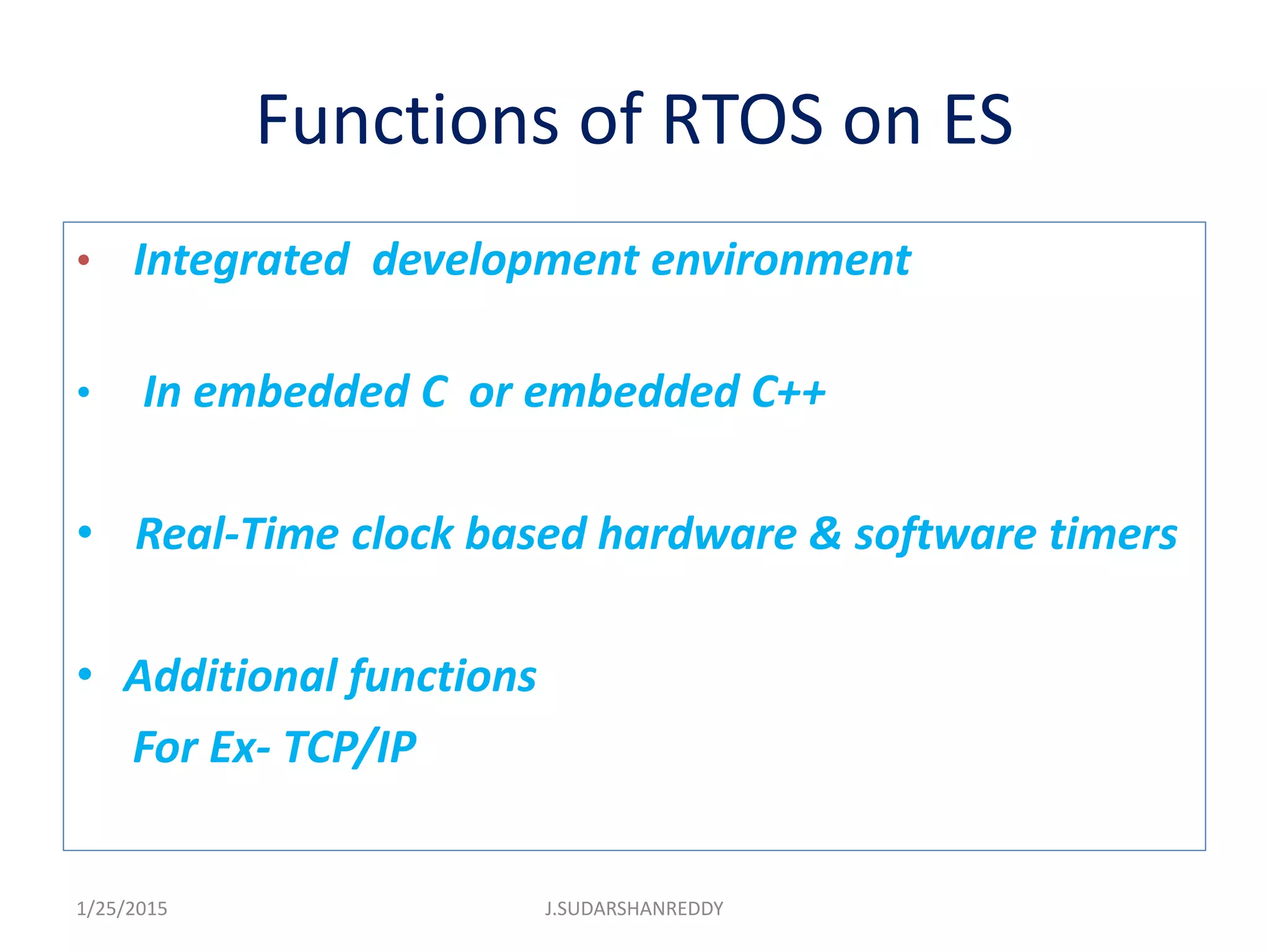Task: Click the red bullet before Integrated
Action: tap(84, 260)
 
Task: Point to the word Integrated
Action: tap(242, 260)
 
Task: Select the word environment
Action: tap(781, 260)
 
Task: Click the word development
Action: tap(505, 260)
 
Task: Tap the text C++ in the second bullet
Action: tap(788, 392)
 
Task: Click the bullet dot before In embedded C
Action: tap(84, 392)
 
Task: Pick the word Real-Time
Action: tap(237, 534)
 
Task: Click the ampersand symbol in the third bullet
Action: tap(825, 534)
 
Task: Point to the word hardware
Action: tap(697, 534)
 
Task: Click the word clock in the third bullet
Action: tap(403, 534)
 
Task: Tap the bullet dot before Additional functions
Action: tap(85, 674)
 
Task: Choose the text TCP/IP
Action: tap(350, 747)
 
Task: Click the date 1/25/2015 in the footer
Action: tap(121, 909)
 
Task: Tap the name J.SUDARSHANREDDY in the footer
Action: tap(634, 909)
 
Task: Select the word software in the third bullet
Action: tap(946, 534)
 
